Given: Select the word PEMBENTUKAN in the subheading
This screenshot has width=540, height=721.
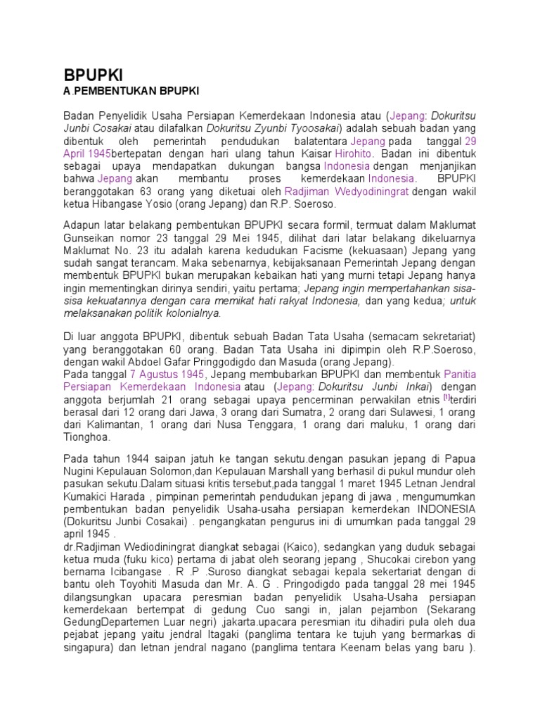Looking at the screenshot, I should [113, 92].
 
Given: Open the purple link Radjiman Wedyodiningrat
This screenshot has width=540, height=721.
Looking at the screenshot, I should [347, 192].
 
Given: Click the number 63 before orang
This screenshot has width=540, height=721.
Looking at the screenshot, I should [138, 192].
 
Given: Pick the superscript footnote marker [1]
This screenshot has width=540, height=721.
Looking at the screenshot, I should [417, 398].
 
